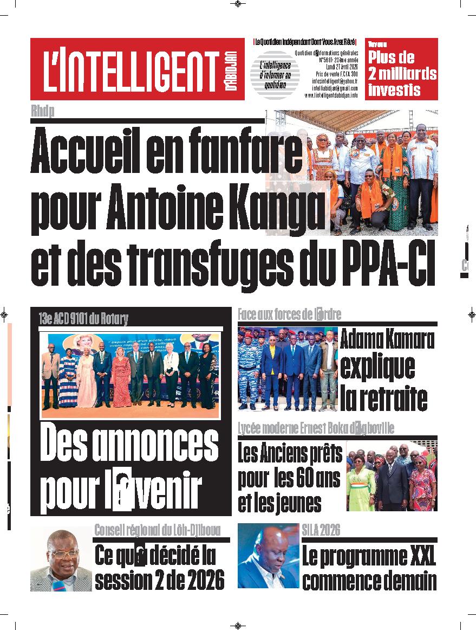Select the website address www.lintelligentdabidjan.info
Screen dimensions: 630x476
pos(331,95)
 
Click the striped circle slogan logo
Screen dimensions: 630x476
pos(277,76)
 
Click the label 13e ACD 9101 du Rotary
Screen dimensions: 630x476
pos(83,319)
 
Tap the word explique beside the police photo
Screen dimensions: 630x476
pos(377,367)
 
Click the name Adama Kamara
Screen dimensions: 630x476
pos(387,340)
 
